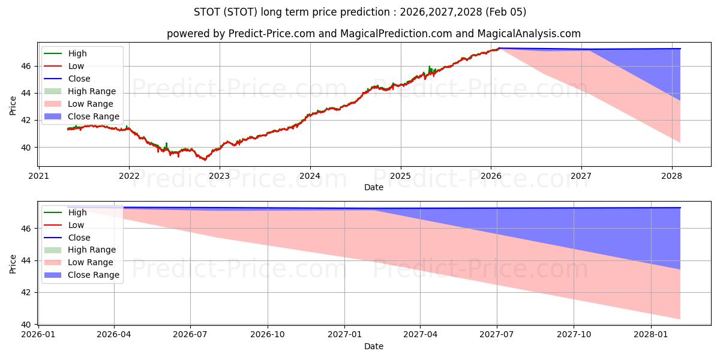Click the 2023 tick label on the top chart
click(220, 176)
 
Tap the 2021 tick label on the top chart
click(39, 176)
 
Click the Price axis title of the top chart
click(13, 105)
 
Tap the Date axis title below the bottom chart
click(374, 346)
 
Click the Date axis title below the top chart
click(374, 187)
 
